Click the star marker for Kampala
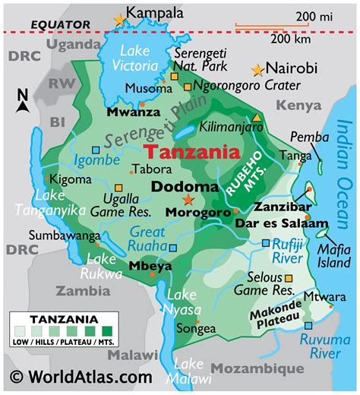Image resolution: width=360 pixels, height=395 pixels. tap(119, 20)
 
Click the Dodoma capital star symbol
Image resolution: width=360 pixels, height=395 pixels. tap(188, 200)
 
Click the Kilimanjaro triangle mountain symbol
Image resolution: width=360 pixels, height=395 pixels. tap(257, 118)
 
